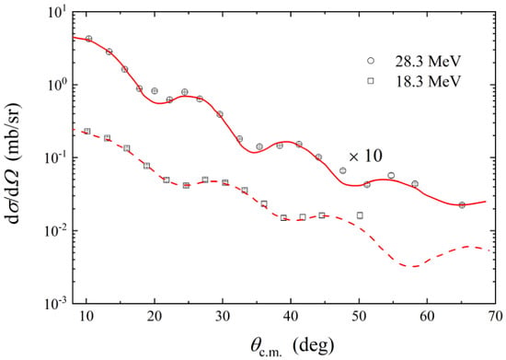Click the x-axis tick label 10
pos(86,316)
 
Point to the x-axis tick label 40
pos(291,316)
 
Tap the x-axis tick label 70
pos(495,316)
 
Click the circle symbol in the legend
pos(371,61)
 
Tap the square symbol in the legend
pos(371,81)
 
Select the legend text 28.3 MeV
pos(428,61)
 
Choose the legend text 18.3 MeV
pos(428,81)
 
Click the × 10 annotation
pos(365,157)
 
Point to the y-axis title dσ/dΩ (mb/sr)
pos(12,165)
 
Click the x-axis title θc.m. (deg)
pos(292,346)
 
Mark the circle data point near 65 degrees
pos(462,205)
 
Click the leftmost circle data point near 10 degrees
pos(88,39)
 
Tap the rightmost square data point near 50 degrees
pos(360,215)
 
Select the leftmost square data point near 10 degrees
pos(87,131)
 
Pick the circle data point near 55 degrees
pos(391,175)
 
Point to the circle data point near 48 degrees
pos(343,170)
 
